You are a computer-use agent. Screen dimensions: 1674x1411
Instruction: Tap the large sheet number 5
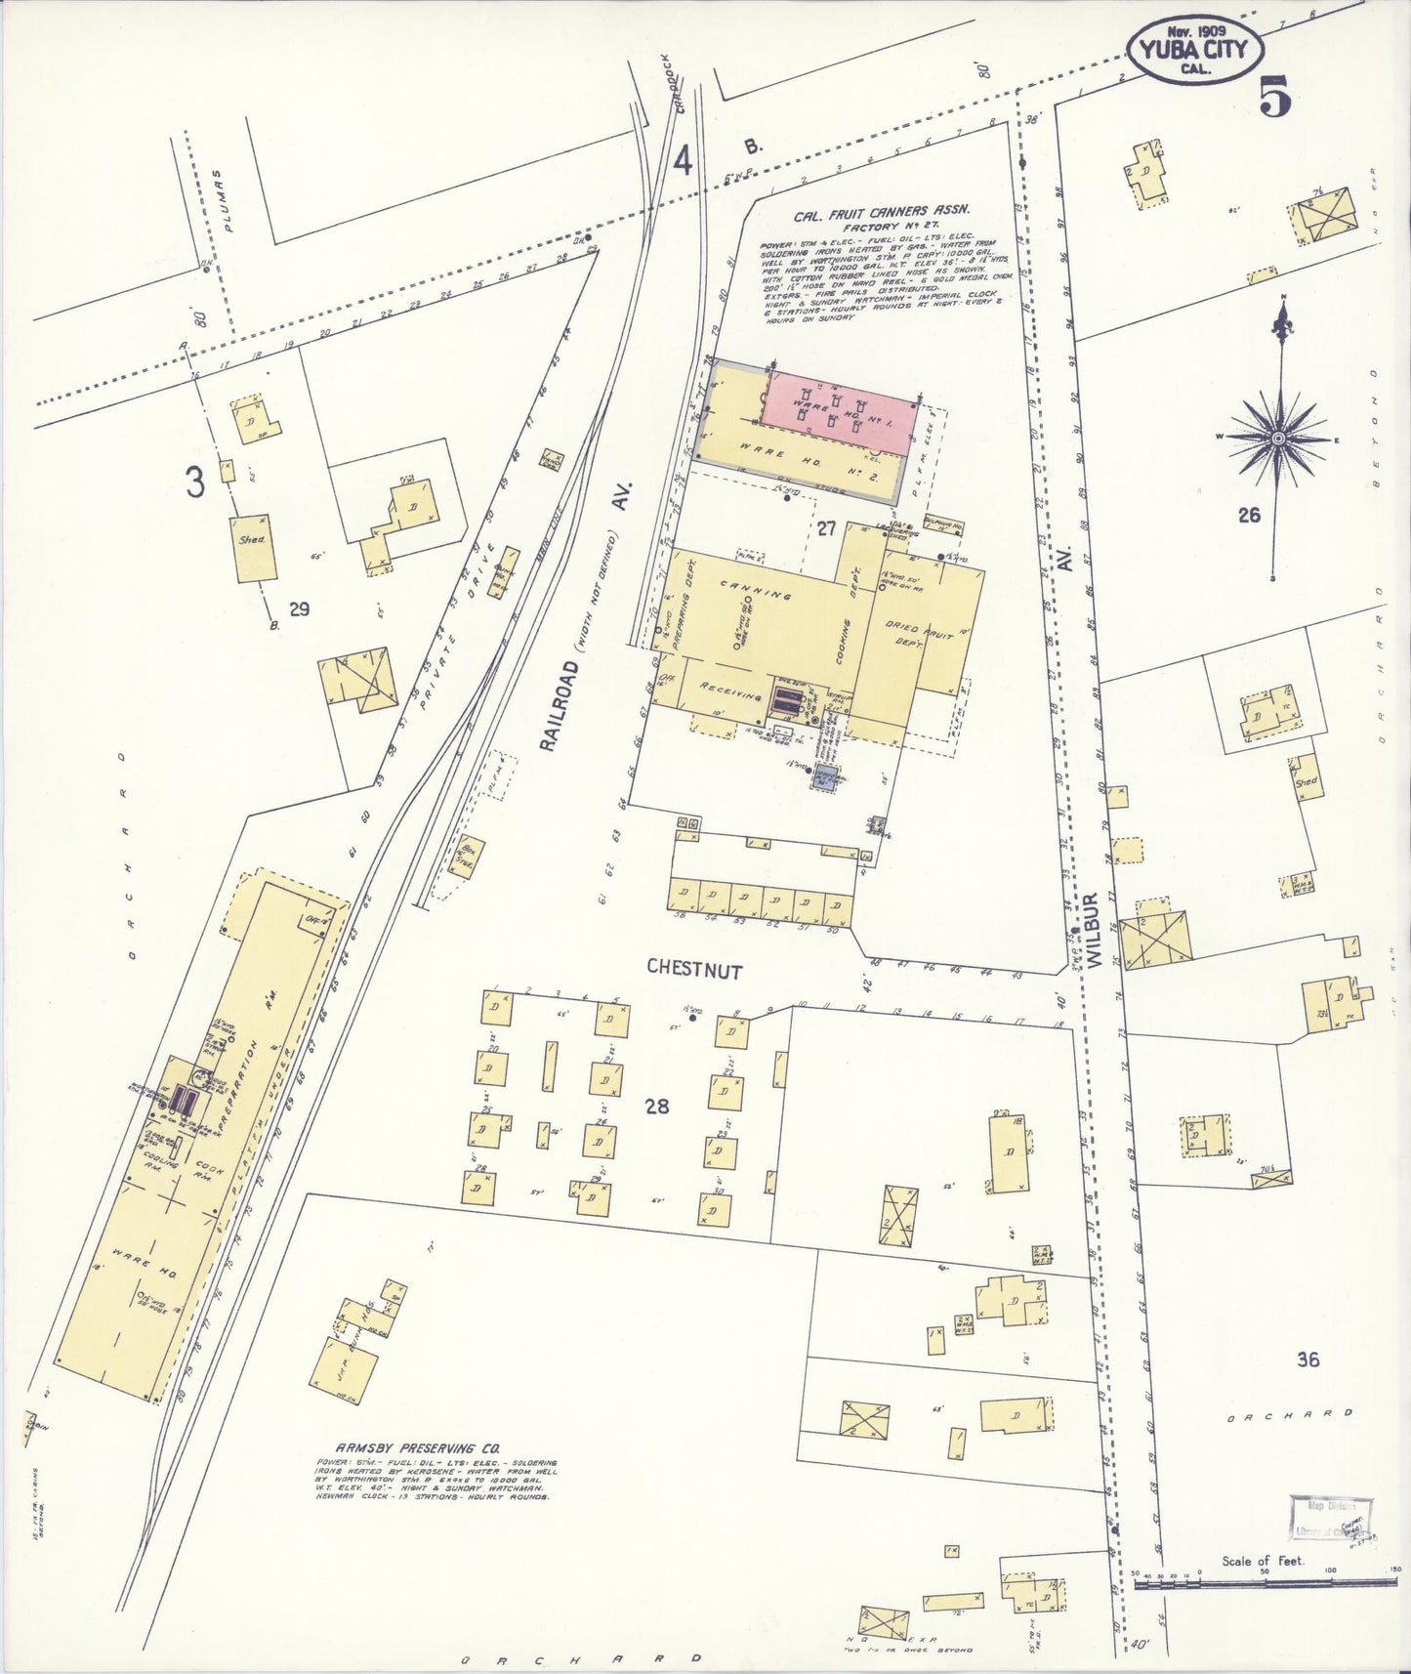click(x=1274, y=95)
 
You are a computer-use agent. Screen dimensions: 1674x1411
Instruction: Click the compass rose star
click(x=1277, y=440)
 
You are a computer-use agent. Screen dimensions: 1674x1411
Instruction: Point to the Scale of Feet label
click(x=1263, y=1562)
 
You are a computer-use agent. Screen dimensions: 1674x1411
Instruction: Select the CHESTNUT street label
click(x=694, y=971)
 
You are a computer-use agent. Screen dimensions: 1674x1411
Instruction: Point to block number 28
click(x=657, y=1106)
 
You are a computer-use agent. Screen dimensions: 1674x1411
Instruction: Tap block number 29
click(x=299, y=609)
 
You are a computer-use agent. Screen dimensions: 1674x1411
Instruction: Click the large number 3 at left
click(x=197, y=482)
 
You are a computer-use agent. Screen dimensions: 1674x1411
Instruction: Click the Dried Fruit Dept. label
click(x=921, y=640)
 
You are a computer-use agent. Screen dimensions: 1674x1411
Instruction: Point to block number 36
click(x=1308, y=1359)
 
